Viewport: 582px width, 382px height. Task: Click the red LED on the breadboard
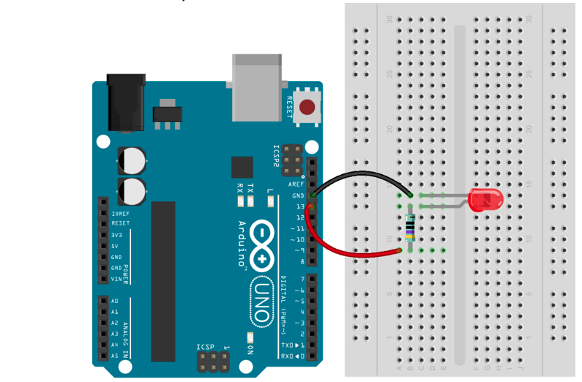click(485, 200)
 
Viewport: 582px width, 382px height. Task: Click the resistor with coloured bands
click(410, 228)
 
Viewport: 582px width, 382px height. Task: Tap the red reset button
click(310, 108)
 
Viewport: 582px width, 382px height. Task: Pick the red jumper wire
click(337, 249)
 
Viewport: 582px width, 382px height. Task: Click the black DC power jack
click(125, 102)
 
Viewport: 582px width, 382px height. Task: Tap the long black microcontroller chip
click(163, 281)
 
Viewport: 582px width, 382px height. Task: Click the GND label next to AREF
click(298, 196)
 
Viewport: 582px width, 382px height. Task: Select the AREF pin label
click(296, 184)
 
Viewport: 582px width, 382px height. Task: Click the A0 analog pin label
click(115, 301)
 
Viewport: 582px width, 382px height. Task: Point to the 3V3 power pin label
click(116, 235)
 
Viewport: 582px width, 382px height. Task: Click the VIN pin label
click(116, 279)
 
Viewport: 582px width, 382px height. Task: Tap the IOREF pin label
click(120, 213)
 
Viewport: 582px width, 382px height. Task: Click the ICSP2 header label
click(277, 155)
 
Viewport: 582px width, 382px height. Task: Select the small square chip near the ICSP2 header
click(242, 168)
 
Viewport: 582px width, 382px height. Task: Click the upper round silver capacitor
click(133, 160)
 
